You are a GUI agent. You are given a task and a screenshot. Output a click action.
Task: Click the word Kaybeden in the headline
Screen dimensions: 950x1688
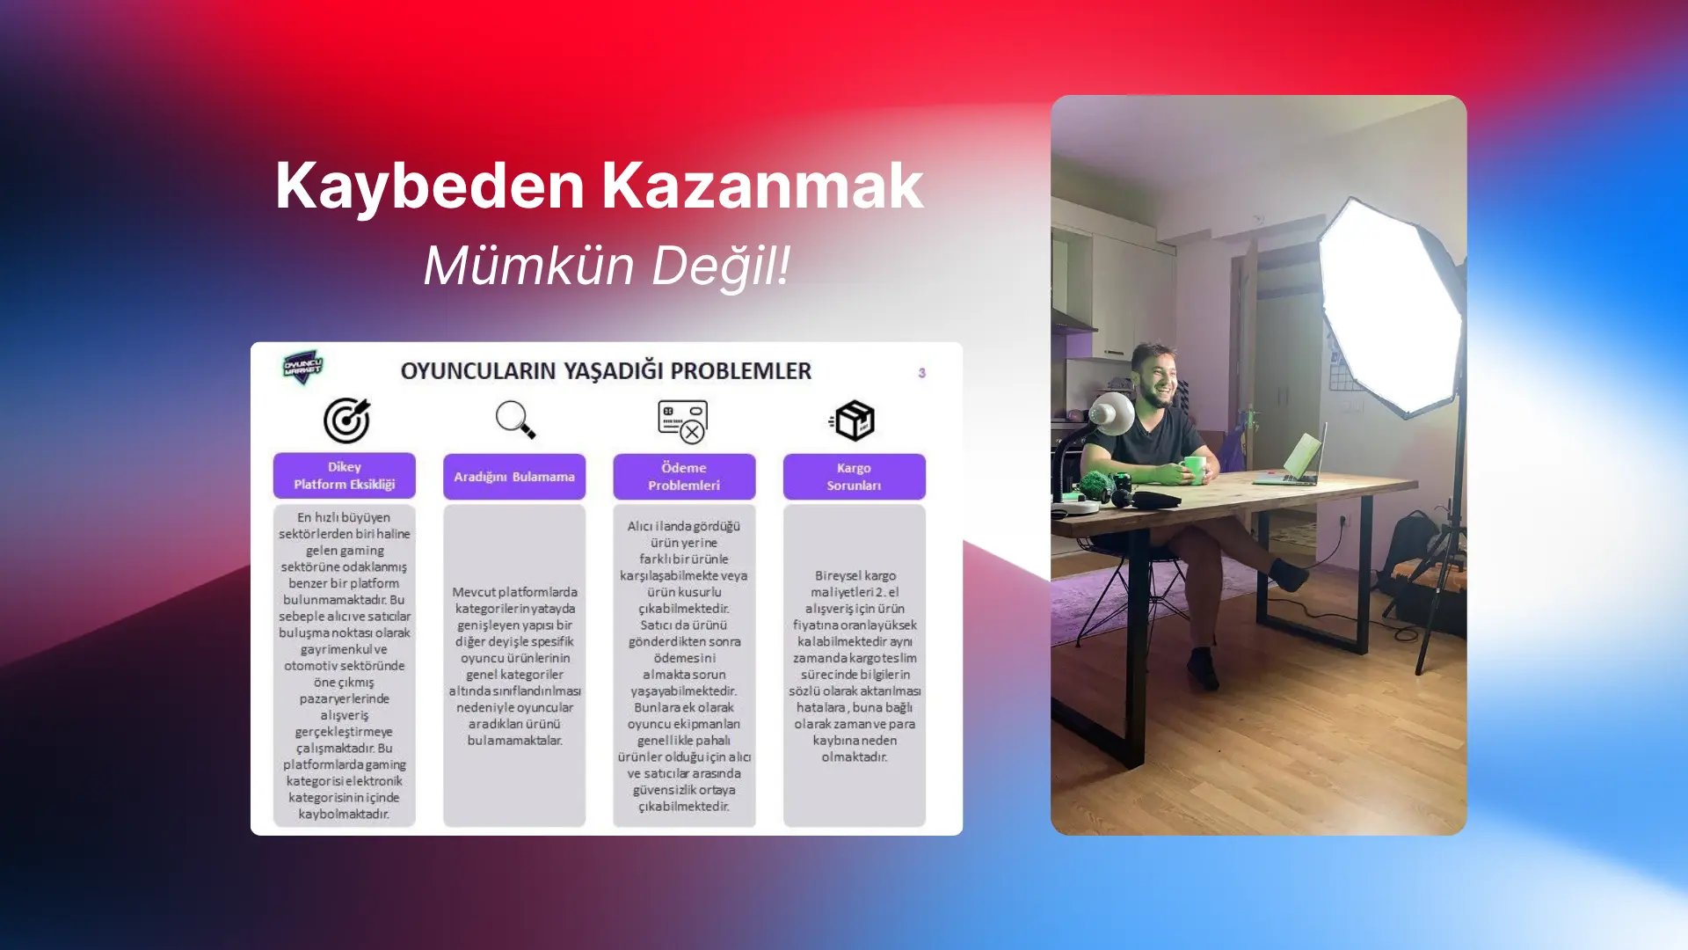coord(430,186)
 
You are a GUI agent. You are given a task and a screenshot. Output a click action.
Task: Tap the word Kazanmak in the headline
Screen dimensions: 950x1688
coord(762,186)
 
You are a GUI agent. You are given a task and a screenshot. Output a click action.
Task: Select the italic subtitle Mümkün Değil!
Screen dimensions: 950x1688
coord(607,266)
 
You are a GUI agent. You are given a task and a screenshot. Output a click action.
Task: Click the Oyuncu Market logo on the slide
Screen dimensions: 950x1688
coord(303,368)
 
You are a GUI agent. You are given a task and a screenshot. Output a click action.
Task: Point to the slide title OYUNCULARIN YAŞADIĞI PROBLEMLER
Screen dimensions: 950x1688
coord(606,371)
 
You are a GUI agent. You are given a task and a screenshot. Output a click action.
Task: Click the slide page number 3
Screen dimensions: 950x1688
coord(921,373)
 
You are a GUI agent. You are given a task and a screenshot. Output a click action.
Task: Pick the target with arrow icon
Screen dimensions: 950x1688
coord(346,420)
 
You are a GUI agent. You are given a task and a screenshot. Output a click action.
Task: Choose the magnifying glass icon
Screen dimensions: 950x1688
coord(515,420)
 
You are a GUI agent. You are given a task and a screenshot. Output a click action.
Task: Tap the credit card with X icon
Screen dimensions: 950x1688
coord(683,421)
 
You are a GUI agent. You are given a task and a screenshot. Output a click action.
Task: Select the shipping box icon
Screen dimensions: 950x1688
coord(853,420)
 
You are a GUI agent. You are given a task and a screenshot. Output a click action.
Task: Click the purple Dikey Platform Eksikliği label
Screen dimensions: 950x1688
coord(345,476)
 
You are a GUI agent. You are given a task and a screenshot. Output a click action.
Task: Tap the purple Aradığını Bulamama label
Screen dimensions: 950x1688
coord(514,477)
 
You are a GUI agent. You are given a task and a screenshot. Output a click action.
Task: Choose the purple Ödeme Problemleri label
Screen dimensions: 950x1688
coord(684,477)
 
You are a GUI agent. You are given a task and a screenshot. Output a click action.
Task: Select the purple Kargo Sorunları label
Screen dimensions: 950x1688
coord(854,477)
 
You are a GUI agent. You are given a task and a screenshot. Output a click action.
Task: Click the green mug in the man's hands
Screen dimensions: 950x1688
coord(1194,468)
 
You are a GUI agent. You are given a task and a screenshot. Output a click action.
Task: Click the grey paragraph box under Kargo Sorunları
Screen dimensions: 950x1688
coord(854,665)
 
